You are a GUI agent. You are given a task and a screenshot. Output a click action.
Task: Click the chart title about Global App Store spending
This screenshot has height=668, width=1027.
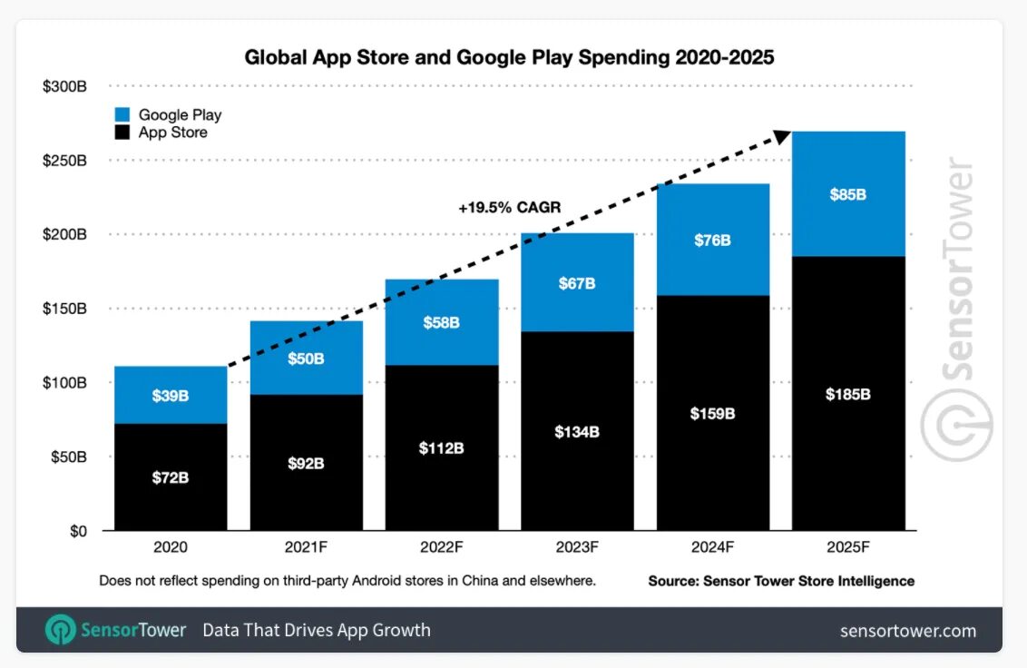tap(509, 57)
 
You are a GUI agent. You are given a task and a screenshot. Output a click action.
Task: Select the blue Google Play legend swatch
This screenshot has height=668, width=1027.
tap(123, 115)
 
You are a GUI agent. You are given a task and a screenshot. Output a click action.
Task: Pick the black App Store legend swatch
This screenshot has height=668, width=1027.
tap(123, 133)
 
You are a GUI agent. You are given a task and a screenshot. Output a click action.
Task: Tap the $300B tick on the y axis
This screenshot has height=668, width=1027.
tap(64, 86)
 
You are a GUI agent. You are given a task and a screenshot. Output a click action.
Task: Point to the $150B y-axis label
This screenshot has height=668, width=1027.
tap(64, 309)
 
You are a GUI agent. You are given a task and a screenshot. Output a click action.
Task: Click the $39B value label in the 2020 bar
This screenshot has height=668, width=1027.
tap(171, 396)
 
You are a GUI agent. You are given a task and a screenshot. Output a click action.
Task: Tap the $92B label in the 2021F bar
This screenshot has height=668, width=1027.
tap(306, 464)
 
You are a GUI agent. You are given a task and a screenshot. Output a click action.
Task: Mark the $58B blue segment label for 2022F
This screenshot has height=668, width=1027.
tap(442, 322)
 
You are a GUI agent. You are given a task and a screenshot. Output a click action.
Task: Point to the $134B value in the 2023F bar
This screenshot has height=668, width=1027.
tap(577, 432)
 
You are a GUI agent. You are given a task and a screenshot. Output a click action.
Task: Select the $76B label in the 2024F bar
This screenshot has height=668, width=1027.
tap(712, 241)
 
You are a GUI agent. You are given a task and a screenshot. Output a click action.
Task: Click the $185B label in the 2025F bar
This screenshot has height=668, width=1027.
tap(848, 395)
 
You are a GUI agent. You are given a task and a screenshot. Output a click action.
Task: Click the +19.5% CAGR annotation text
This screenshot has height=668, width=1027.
tap(509, 208)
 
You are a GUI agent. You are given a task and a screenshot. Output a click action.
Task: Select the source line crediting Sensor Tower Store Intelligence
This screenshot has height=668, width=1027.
tap(780, 581)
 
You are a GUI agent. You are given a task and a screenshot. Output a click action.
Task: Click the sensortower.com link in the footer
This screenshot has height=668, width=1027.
tap(908, 631)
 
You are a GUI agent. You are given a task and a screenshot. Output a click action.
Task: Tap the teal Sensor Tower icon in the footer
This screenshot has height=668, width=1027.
tap(61, 630)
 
